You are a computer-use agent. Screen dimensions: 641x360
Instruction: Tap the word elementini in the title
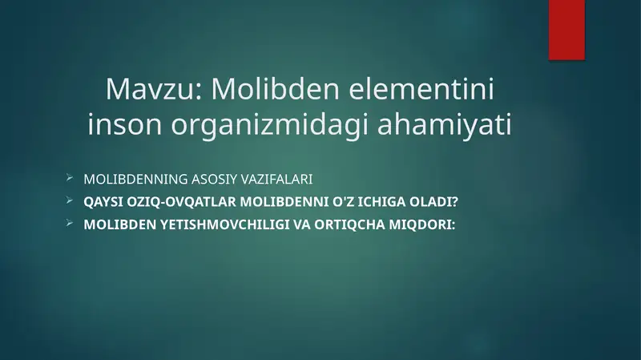point(421,88)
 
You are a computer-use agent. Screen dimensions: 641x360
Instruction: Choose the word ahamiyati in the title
point(445,125)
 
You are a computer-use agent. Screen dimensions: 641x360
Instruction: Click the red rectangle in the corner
point(566,30)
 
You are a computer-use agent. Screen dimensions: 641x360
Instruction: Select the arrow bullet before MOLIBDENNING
point(70,178)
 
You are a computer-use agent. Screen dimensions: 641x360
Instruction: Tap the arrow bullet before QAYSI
point(70,200)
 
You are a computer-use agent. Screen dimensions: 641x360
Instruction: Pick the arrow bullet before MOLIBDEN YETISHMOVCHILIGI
point(70,224)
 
